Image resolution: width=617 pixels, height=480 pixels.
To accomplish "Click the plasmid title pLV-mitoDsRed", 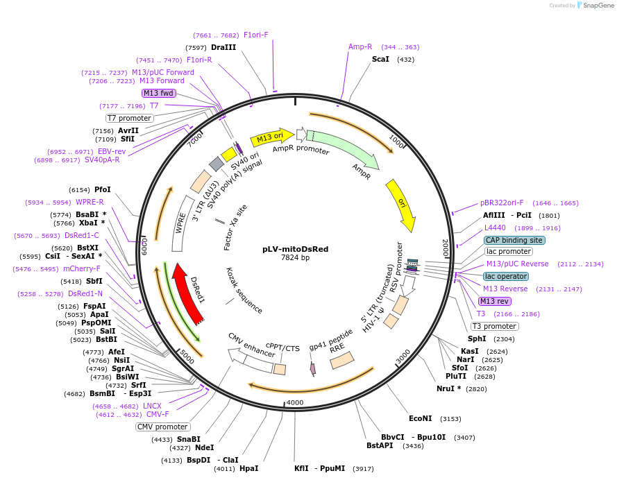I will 295,248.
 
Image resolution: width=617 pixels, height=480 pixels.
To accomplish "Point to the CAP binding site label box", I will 514,240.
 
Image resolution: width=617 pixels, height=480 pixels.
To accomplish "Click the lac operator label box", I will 505,276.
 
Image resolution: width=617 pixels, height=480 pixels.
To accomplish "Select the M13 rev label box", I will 494,301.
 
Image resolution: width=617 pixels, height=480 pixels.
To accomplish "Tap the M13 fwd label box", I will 159,93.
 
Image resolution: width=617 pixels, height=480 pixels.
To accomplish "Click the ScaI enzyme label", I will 380,60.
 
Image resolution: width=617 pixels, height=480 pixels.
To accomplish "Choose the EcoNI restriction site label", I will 421,418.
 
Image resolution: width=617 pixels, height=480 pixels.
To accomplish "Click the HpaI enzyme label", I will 248,468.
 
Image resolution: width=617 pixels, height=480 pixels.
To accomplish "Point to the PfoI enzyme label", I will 103,189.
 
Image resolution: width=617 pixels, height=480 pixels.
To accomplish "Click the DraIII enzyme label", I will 223,47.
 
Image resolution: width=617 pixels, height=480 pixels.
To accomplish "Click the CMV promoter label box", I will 162,427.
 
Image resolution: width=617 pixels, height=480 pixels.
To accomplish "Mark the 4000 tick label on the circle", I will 295,403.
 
